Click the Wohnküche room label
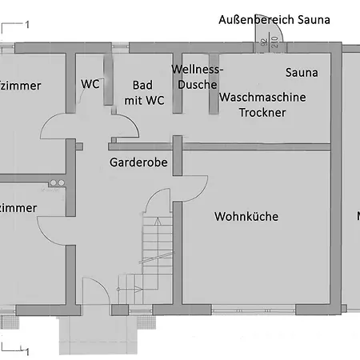246,216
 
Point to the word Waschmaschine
263,96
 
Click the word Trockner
262,112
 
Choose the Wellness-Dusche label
198,77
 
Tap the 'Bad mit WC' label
145,92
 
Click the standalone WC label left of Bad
90,84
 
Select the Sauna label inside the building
302,73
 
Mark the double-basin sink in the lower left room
55,182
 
